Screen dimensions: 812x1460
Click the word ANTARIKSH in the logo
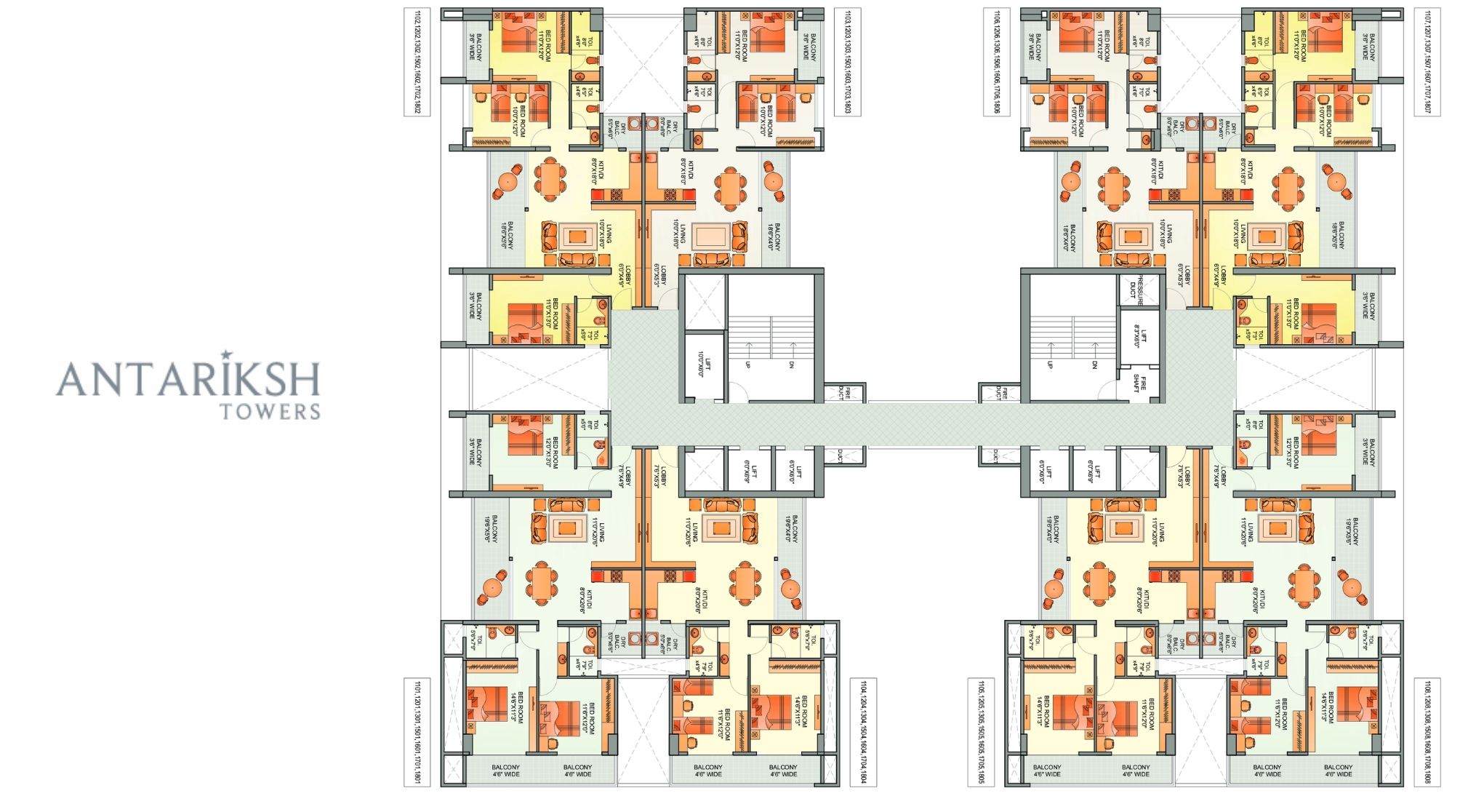tap(188, 378)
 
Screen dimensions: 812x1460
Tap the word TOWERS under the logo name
tap(270, 413)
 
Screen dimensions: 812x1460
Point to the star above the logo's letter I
tap(226, 354)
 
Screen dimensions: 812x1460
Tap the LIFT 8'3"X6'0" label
tap(1139, 336)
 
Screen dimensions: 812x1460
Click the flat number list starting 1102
tap(417, 62)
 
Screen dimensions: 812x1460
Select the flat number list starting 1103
tap(848, 62)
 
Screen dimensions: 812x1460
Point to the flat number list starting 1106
tap(995, 62)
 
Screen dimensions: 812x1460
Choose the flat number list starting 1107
tap(1427, 62)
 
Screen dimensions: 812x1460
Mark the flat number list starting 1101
tap(417, 732)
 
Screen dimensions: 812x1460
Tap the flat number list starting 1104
tap(863, 732)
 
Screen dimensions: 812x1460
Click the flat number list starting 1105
tap(981, 732)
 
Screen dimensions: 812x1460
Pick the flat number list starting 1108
tap(1427, 732)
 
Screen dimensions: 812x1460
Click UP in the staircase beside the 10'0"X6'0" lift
tap(747, 365)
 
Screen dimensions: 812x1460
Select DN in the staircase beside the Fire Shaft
tap(1094, 365)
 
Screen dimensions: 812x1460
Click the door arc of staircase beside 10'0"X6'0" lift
tap(739, 393)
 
